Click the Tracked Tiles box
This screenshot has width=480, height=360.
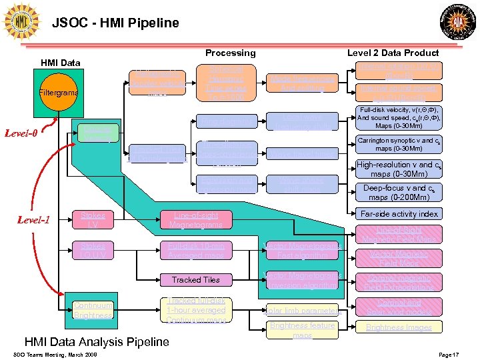pos(195,279)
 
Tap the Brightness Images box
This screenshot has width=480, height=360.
pos(398,327)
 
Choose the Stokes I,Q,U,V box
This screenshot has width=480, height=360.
pos(93,251)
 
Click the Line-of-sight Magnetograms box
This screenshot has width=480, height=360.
pos(195,220)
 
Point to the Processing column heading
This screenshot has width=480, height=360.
pos(230,53)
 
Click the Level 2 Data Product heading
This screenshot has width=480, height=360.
pos(393,53)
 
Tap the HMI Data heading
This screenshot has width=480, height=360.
pos(61,63)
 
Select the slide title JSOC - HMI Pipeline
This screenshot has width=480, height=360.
pos(115,23)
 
